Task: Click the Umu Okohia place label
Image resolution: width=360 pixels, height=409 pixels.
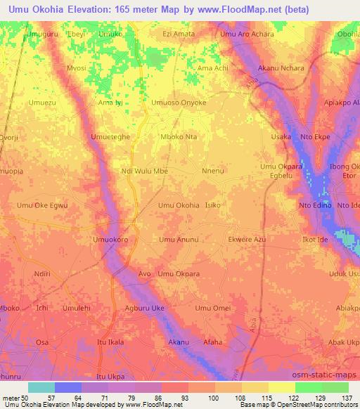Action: pyautogui.click(x=178, y=205)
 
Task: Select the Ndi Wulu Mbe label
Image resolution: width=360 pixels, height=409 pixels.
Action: pyautogui.click(x=144, y=171)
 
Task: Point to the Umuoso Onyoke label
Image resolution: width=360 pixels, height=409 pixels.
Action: pyautogui.click(x=179, y=103)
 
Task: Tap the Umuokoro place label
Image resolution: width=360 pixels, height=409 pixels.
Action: pyautogui.click(x=110, y=240)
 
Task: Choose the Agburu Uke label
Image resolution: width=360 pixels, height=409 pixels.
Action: pyautogui.click(x=144, y=308)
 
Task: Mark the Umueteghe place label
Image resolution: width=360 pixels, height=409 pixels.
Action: pyautogui.click(x=110, y=137)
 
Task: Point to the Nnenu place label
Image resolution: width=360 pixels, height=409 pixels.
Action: pyautogui.click(x=212, y=171)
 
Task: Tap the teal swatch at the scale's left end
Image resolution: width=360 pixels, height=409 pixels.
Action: pyautogui.click(x=41, y=387)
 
